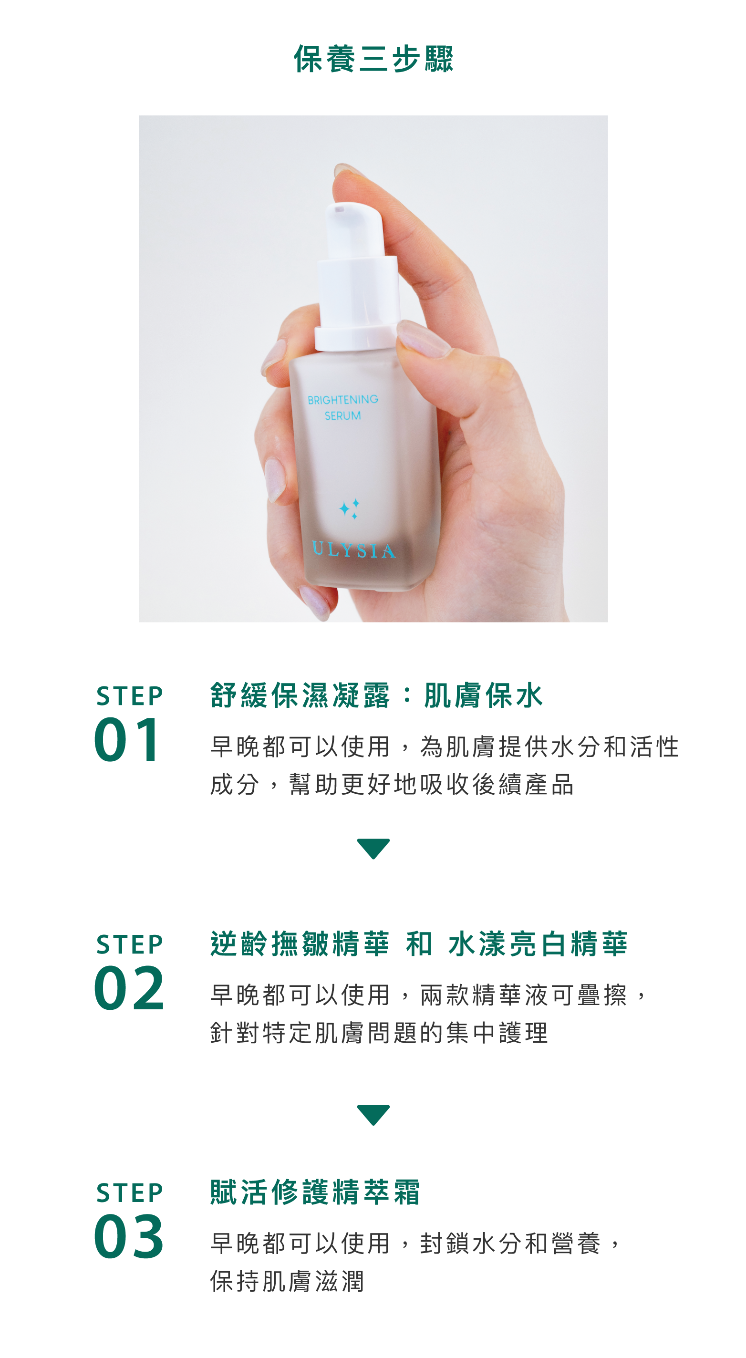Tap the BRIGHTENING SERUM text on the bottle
342,407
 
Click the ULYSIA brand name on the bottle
353,549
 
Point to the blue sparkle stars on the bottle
349,508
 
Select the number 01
127,740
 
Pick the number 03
129,1236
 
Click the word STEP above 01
130,696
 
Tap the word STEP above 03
130,1192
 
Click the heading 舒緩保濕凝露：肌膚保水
376,695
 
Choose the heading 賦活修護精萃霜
315,1192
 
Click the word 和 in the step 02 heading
419,943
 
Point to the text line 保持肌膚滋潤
287,1281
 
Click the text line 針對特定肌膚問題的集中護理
379,1032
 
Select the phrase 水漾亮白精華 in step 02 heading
538,943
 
